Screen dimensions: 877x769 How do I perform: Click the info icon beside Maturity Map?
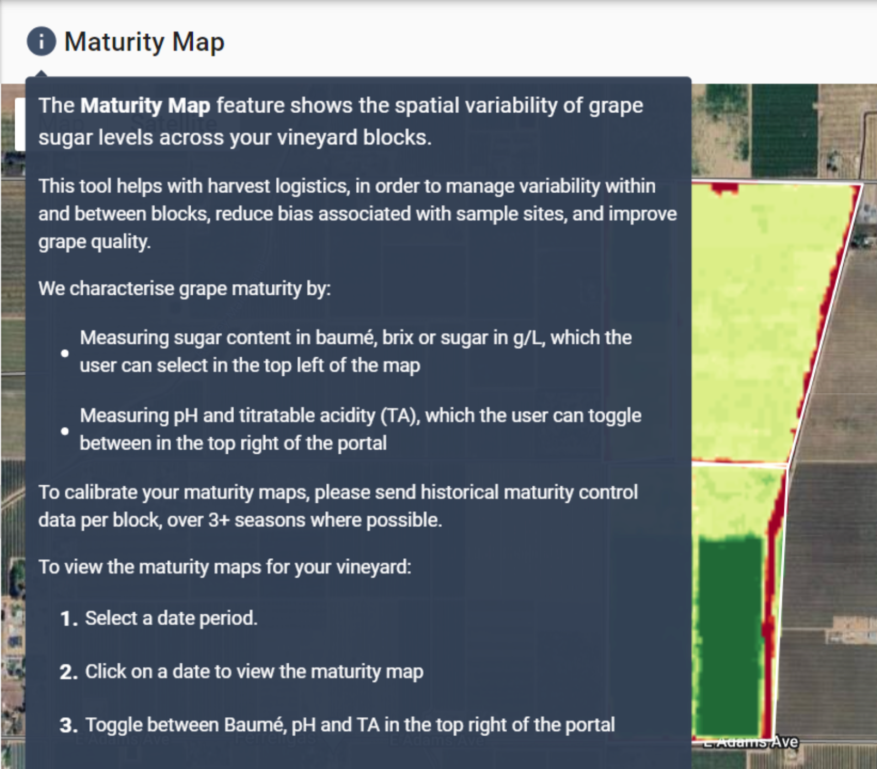[41, 41]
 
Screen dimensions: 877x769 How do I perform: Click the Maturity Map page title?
[144, 42]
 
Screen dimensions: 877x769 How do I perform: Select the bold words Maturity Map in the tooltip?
[145, 106]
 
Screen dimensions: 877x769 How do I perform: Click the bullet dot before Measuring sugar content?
[65, 353]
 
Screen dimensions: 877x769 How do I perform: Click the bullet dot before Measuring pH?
[65, 431]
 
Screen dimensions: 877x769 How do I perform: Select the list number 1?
[69, 619]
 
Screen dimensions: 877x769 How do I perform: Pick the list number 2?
[69, 672]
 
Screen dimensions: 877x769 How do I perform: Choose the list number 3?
[69, 725]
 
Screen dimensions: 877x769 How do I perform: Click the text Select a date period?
[171, 619]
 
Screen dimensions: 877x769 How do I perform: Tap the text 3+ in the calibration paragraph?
[218, 520]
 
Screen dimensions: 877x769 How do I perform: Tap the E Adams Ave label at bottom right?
[751, 742]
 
